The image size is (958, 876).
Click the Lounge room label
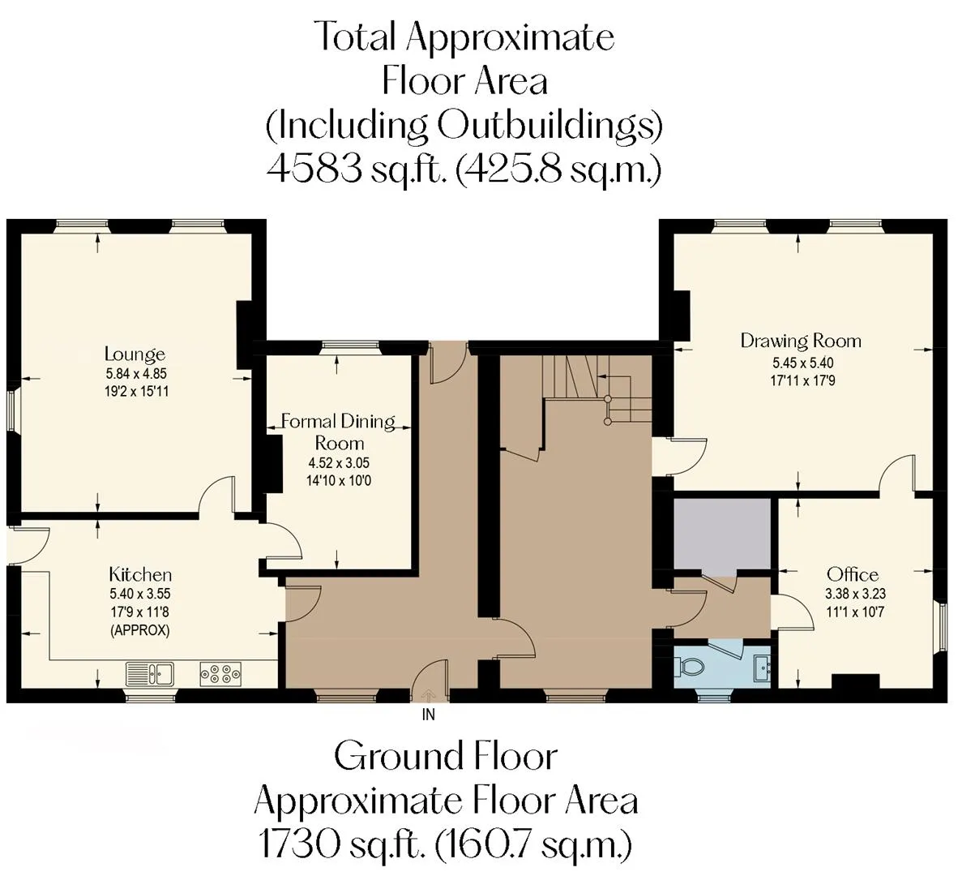(x=135, y=354)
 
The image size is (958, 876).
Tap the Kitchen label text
(x=140, y=574)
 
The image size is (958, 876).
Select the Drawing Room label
(x=801, y=341)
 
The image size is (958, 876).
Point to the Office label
(x=853, y=574)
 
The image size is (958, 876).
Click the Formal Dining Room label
(x=339, y=432)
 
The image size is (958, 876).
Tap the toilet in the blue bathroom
(x=688, y=666)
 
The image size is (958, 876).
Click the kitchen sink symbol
(x=150, y=674)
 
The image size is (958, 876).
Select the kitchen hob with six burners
(x=220, y=674)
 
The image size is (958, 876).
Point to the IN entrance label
(x=428, y=714)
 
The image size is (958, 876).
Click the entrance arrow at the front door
(x=428, y=694)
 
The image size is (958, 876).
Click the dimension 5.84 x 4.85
(x=136, y=373)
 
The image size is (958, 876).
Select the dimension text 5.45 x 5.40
(x=803, y=363)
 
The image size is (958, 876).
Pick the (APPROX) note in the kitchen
(x=140, y=630)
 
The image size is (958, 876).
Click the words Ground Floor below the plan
(x=446, y=756)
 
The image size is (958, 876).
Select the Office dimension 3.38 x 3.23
(x=855, y=593)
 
